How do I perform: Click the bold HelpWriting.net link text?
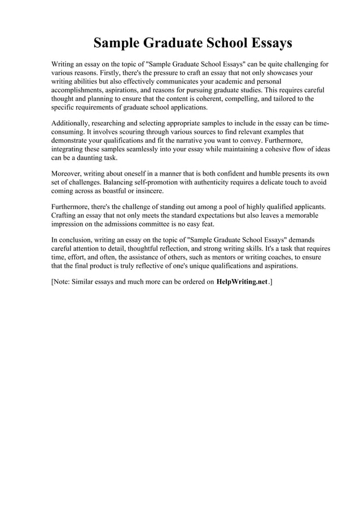[x=242, y=281]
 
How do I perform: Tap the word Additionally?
[x=72, y=124]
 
